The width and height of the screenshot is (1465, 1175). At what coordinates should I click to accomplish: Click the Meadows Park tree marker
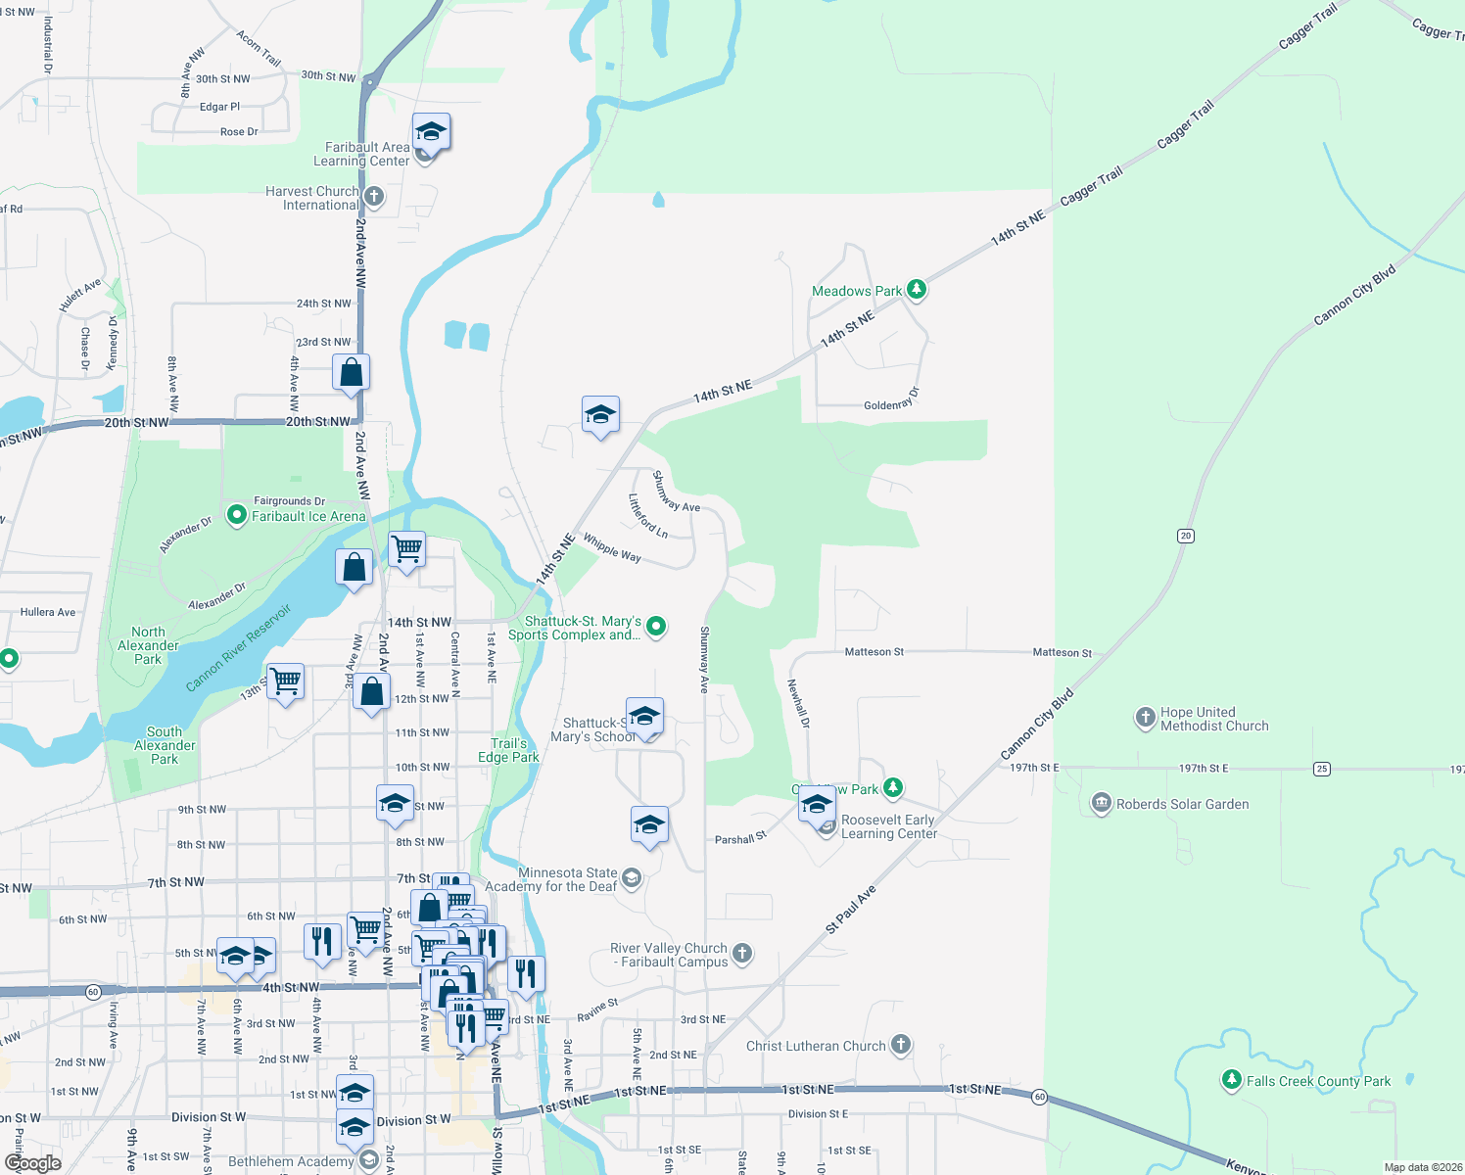click(917, 289)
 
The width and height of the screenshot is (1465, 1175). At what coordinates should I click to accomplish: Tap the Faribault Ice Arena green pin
click(236, 515)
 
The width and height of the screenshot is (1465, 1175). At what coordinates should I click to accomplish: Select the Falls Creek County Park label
click(1318, 1081)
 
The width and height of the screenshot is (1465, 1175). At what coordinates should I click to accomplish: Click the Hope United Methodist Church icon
click(1145, 718)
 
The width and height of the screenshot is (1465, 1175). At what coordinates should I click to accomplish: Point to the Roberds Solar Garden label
click(1182, 804)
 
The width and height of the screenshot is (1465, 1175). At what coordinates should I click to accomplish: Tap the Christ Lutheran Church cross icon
click(901, 1045)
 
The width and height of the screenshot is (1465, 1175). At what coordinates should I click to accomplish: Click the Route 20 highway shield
click(1186, 536)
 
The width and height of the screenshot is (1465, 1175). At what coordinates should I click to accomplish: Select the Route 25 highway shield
click(1322, 769)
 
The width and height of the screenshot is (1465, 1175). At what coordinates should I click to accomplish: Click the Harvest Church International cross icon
click(374, 197)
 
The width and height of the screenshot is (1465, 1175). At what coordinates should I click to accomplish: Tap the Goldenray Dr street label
click(891, 399)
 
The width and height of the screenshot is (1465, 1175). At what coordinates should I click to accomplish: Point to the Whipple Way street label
click(612, 548)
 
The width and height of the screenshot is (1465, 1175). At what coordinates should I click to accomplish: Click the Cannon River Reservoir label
click(239, 648)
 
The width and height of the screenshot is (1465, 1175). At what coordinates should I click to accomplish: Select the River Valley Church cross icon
click(742, 953)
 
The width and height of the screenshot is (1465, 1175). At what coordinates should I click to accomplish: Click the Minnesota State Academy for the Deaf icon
click(632, 877)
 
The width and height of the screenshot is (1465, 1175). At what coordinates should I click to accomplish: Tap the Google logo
click(32, 1163)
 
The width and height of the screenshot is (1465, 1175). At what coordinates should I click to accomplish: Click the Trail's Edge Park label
click(508, 750)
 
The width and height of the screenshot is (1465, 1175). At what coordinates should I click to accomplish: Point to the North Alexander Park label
click(148, 645)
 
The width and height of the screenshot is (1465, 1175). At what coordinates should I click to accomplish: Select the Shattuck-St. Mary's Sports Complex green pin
click(656, 626)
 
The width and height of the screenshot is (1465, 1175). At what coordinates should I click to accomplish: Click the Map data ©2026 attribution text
click(1423, 1167)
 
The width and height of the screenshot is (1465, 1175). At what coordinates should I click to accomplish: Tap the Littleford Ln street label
click(647, 515)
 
